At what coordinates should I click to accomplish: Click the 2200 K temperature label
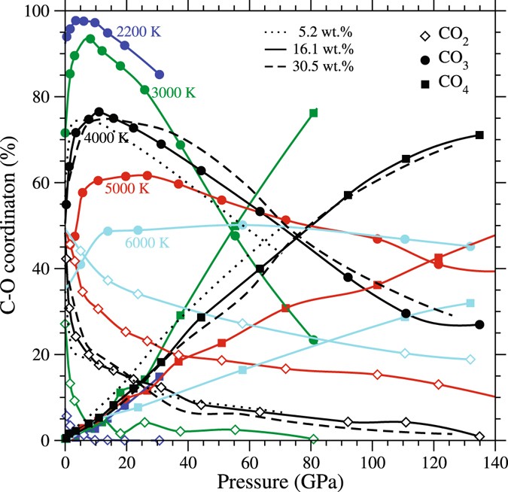coord(140,32)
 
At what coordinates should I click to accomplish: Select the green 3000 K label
coord(174,93)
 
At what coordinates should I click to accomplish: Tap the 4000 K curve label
coord(107,138)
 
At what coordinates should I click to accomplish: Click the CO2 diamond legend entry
coord(446,35)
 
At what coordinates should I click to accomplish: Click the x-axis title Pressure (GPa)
coord(280,478)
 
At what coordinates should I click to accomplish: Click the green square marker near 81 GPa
coord(313,113)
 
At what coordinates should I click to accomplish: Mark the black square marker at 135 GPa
coord(479,135)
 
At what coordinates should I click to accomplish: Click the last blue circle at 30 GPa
coord(159,74)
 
